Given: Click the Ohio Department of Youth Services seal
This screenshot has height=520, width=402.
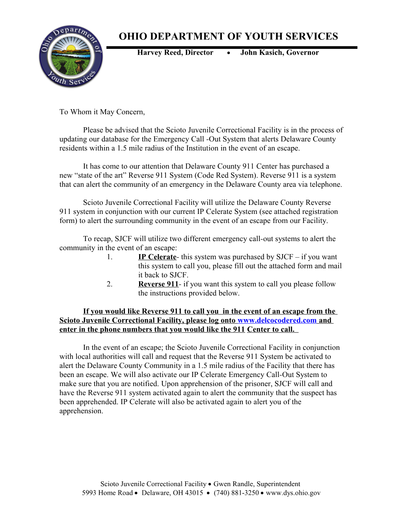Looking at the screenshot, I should coord(71,57).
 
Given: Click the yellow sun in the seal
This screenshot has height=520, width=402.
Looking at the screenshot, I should coord(71,48).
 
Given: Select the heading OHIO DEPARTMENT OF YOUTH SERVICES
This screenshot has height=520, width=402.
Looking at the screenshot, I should coord(228,37).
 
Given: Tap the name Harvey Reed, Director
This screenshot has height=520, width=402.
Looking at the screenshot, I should coord(175,53).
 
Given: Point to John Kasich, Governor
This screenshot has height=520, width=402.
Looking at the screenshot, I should coord(279,53).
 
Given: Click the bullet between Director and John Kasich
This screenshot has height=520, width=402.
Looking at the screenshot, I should coord(228,53).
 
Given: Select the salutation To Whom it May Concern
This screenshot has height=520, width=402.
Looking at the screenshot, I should coord(102,112).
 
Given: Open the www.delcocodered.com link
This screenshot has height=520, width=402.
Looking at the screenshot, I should coord(277,321).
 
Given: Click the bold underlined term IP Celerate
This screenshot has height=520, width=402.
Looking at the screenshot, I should coord(157,257).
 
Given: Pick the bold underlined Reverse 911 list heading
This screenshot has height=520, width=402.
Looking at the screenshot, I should coord(158,284).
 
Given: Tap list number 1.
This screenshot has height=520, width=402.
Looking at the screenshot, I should coord(110,257).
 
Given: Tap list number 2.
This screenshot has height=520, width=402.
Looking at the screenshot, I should coord(110,284).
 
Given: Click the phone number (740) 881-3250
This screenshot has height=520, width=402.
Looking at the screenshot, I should coord(236,493).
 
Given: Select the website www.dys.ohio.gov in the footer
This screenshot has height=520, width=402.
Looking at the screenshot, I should coord(293,493).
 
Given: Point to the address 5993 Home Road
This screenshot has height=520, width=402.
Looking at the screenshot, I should coord(107,493).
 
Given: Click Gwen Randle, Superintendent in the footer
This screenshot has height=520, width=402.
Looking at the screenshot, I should coord(257,484).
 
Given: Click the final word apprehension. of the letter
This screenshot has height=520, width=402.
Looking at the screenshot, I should coord(81,411).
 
